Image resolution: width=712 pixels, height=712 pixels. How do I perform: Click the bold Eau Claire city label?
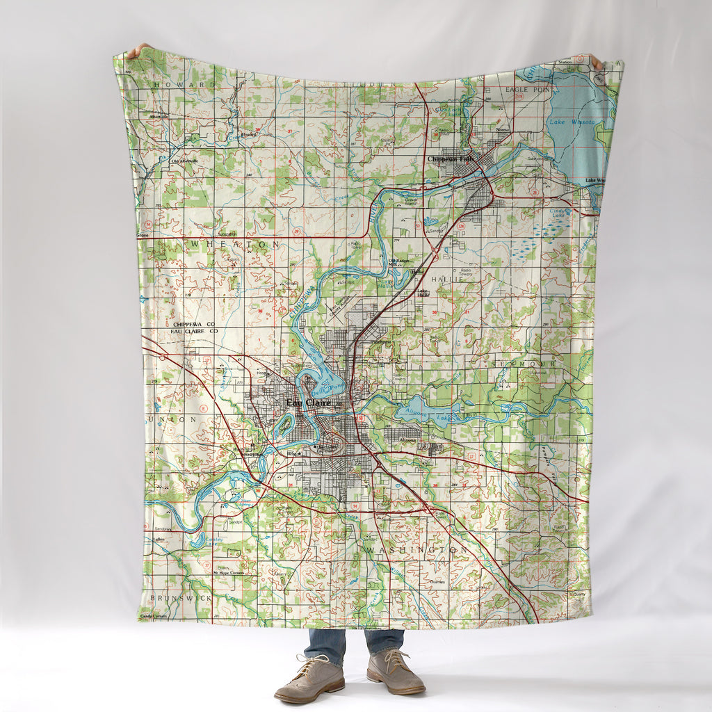(309, 403)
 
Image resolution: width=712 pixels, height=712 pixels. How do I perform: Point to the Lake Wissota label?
(571, 122)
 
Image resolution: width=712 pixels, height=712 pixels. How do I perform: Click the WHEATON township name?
(235, 245)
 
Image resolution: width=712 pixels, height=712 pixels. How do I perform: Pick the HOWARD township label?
(185, 84)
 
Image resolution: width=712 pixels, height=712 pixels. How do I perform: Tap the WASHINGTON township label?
(415, 549)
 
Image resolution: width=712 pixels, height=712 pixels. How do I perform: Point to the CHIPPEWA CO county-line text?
(194, 325)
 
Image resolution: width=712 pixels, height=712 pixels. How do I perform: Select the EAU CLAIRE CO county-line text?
(194, 332)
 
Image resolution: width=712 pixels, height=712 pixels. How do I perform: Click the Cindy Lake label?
(558, 211)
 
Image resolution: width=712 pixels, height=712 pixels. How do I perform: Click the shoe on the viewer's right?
(396, 673)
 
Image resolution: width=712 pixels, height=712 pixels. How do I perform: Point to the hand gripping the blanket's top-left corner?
(137, 50)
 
